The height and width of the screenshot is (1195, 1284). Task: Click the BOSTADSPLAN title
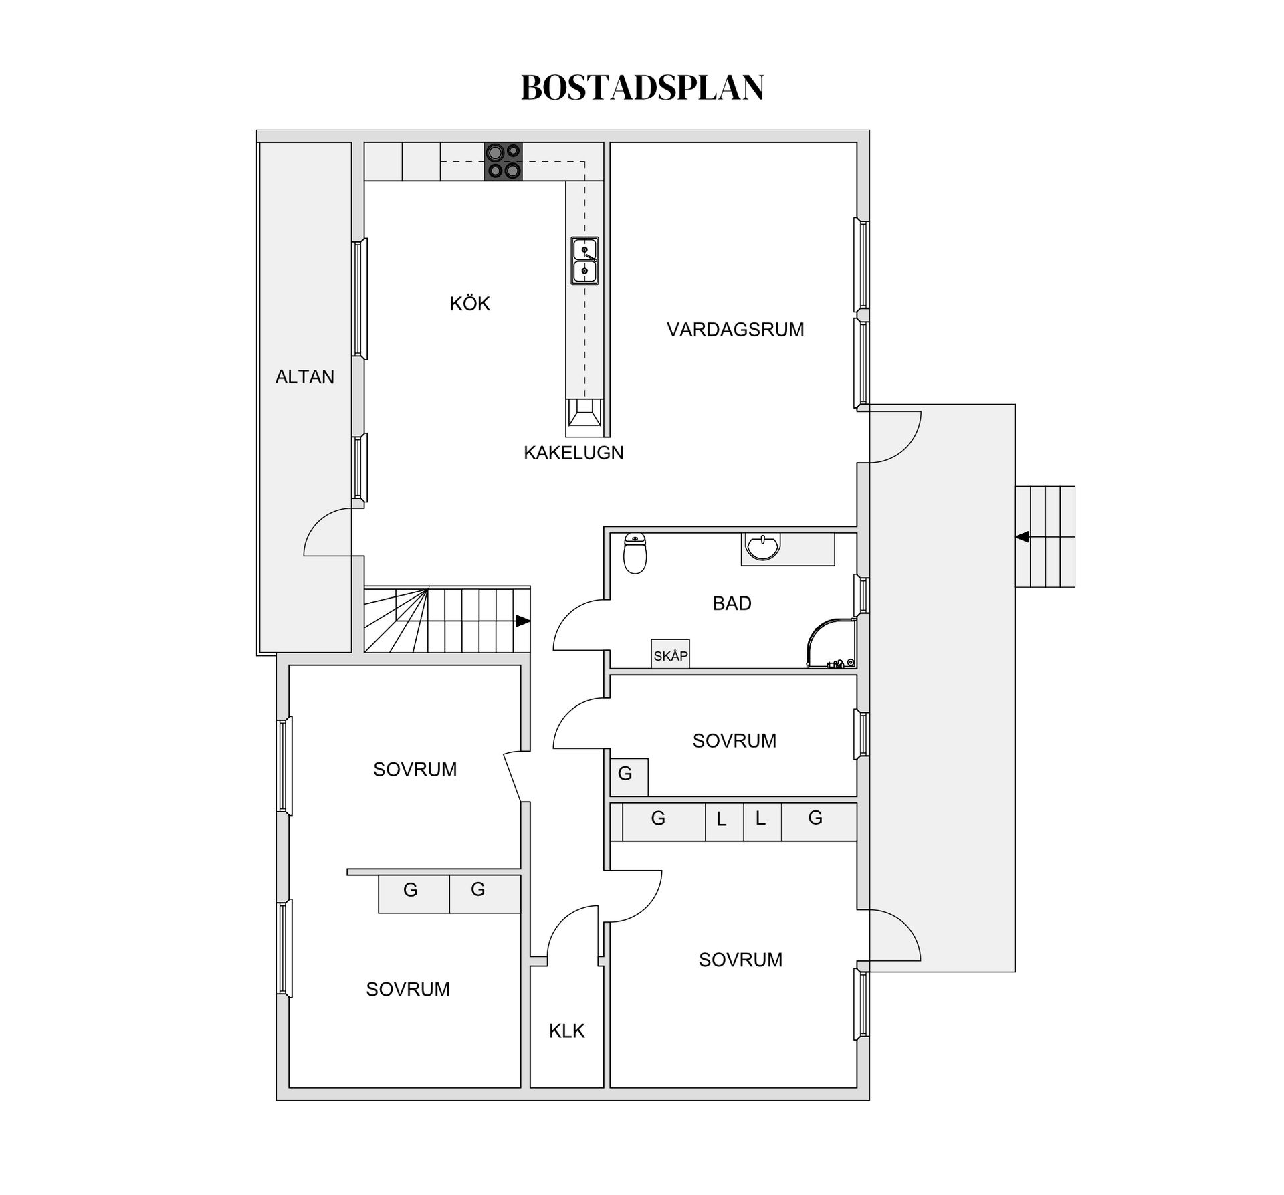pos(642,88)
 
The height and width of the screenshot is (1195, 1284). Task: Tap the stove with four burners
pos(503,161)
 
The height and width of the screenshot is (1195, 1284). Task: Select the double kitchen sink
pos(584,261)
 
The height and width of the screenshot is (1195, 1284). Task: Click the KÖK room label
pos(469,304)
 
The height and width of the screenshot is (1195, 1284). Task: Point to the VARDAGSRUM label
pos(735,330)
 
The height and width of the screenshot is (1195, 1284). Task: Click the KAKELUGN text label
pos(573,453)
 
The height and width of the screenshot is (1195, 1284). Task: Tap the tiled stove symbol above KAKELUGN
pos(584,413)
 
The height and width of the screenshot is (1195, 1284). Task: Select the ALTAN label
pos(304,377)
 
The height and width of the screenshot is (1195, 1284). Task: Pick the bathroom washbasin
pos(763,546)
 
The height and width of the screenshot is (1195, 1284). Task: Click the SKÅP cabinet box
pos(670,655)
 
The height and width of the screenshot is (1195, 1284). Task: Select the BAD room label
pos(732,603)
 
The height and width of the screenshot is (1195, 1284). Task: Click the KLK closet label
pos(566,1031)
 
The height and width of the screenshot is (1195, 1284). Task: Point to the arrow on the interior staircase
pos(522,621)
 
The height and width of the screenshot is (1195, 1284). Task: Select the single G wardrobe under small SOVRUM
pos(629,776)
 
